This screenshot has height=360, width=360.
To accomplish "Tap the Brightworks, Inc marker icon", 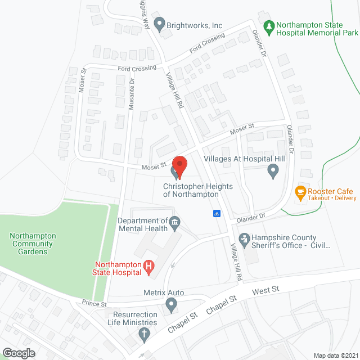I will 159,24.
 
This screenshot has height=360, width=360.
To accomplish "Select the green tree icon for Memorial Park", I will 269,26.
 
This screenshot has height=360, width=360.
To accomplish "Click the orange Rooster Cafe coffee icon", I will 300,191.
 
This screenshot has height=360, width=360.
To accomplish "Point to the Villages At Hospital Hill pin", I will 273,170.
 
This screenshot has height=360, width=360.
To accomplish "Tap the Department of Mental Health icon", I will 174,224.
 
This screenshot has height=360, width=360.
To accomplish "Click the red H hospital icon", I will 149,267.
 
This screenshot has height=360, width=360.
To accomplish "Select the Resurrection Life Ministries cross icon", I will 143,334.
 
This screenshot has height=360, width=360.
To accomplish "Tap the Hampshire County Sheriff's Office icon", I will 244,240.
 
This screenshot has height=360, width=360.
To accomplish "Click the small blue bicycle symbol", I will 216,213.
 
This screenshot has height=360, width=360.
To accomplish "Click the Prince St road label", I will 94,304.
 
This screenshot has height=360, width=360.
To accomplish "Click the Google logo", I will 19,353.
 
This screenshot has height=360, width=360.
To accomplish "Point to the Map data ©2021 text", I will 335,355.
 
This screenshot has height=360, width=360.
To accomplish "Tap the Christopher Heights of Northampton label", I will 191,190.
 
